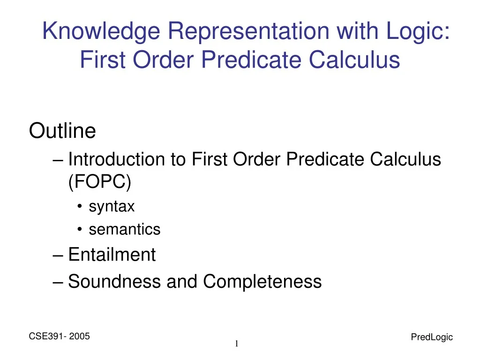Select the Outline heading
pyautogui.click(x=62, y=131)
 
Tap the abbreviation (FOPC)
pyautogui.click(x=99, y=182)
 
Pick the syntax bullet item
pyautogui.click(x=112, y=206)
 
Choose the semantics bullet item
pyautogui.click(x=124, y=230)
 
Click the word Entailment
pyautogui.click(x=112, y=255)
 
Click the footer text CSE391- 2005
pyautogui.click(x=60, y=337)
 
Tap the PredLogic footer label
pyautogui.click(x=431, y=337)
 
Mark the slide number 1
pyautogui.click(x=237, y=345)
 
